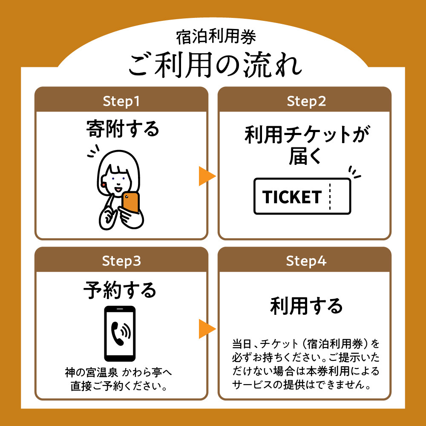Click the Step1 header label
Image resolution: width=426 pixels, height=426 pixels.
121,101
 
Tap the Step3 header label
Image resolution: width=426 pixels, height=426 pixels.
121,261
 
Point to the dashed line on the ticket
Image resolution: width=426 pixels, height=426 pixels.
330,196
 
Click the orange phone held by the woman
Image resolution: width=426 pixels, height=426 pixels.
130,203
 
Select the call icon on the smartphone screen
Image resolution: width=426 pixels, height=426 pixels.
120,333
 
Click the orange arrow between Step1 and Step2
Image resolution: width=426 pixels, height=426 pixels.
207,176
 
